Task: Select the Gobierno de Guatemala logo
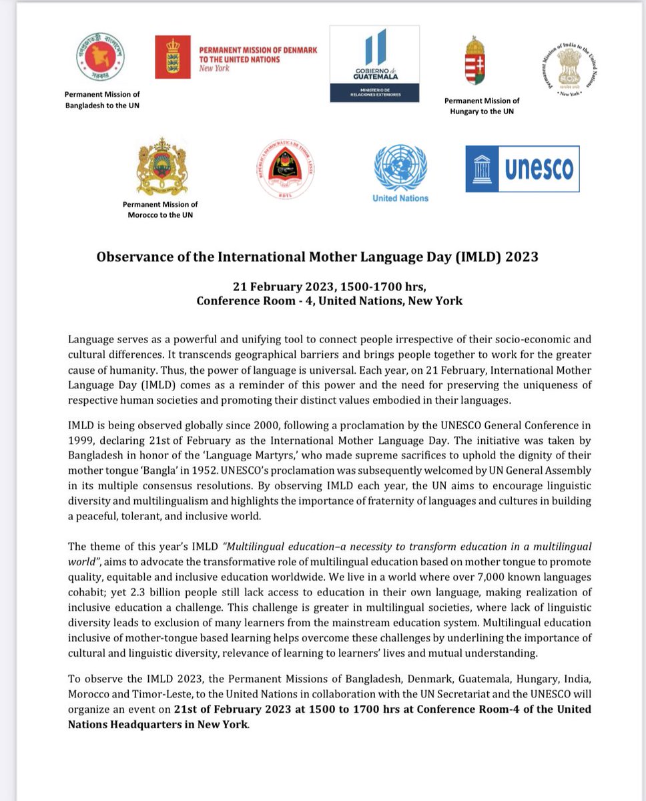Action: click(x=374, y=63)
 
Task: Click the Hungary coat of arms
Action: click(x=474, y=62)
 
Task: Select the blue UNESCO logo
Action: click(x=522, y=168)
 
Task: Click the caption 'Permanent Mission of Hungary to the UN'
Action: click(x=481, y=106)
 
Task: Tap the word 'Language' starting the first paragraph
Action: click(x=89, y=339)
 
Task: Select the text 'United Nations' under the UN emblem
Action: click(x=400, y=198)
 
